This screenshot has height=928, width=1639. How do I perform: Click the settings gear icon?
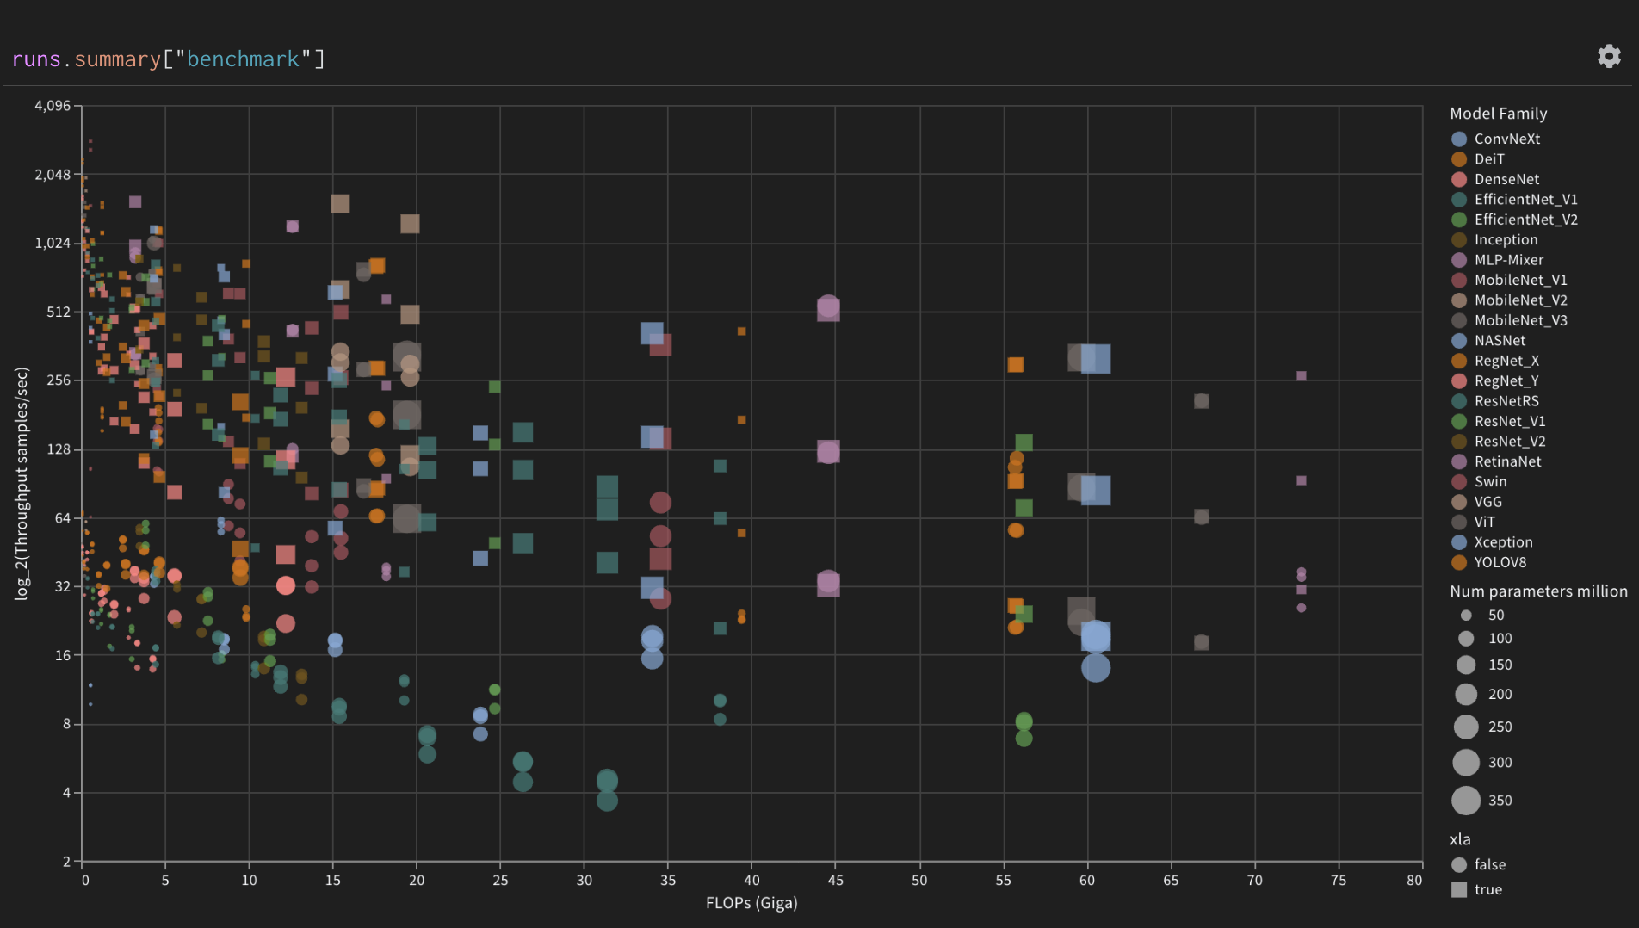pos(1609,57)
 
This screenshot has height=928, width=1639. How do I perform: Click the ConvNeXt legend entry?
pos(1506,139)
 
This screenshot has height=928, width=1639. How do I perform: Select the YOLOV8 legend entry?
pos(1500,562)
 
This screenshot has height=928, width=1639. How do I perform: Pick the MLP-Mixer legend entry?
pos(1508,260)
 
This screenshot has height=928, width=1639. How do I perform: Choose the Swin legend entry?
pos(1490,482)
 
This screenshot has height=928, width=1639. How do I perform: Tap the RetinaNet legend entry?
pos(1507,461)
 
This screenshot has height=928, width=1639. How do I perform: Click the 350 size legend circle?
pos(1466,801)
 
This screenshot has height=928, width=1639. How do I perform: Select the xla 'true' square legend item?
pos(1459,889)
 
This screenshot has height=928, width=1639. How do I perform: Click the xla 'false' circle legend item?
pos(1459,864)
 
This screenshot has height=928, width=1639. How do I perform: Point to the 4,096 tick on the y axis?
pos(53,106)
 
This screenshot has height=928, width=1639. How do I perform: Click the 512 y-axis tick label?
pos(59,312)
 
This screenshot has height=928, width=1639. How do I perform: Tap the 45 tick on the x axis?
pos(835,880)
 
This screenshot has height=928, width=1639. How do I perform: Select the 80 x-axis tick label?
pos(1414,880)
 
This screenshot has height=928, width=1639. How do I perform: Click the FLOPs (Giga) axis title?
pos(751,903)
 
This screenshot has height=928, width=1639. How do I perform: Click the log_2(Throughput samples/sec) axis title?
pos(22,483)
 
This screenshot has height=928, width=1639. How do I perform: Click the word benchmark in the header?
pos(243,59)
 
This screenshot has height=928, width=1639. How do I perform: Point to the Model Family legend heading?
pos(1498,114)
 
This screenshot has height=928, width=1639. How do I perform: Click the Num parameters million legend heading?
pos(1538,591)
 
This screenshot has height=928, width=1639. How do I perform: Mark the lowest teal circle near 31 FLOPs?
pos(607,801)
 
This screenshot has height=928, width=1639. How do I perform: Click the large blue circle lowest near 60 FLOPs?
pos(1095,667)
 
